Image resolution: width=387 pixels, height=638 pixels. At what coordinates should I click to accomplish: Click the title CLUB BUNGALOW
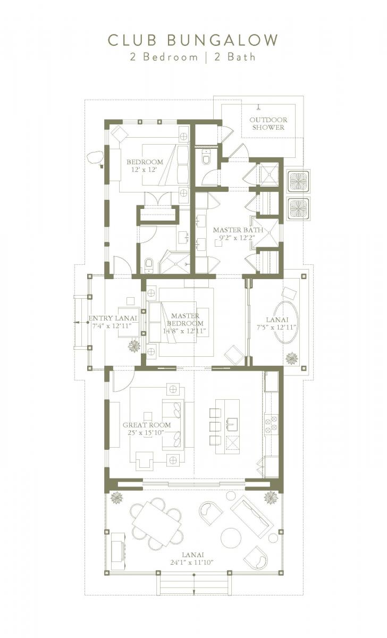193,40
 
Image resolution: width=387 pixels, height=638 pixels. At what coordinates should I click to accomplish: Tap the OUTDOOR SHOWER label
268,123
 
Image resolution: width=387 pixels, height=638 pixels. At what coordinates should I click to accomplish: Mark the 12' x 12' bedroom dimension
145,169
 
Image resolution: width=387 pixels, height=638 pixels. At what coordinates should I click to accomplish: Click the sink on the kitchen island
231,424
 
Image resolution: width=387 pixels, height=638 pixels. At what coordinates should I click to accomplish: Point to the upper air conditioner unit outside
298,181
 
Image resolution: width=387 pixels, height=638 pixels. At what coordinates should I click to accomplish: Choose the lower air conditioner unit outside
298,208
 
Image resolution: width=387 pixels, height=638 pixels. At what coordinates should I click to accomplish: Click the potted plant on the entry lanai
134,346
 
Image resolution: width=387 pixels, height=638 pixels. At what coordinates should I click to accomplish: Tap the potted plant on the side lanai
291,358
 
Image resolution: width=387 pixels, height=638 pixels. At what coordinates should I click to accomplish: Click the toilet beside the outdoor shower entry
206,157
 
